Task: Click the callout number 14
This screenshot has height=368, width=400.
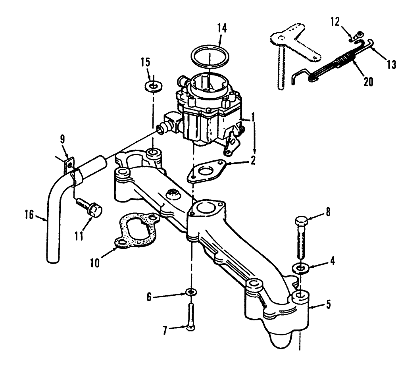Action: [222, 29]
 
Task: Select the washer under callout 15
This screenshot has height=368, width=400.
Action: [152, 86]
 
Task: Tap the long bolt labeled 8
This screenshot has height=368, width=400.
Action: [300, 238]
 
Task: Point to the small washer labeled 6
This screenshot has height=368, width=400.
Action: [191, 293]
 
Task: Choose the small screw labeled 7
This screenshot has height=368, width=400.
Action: [190, 316]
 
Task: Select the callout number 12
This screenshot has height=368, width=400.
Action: [336, 22]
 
